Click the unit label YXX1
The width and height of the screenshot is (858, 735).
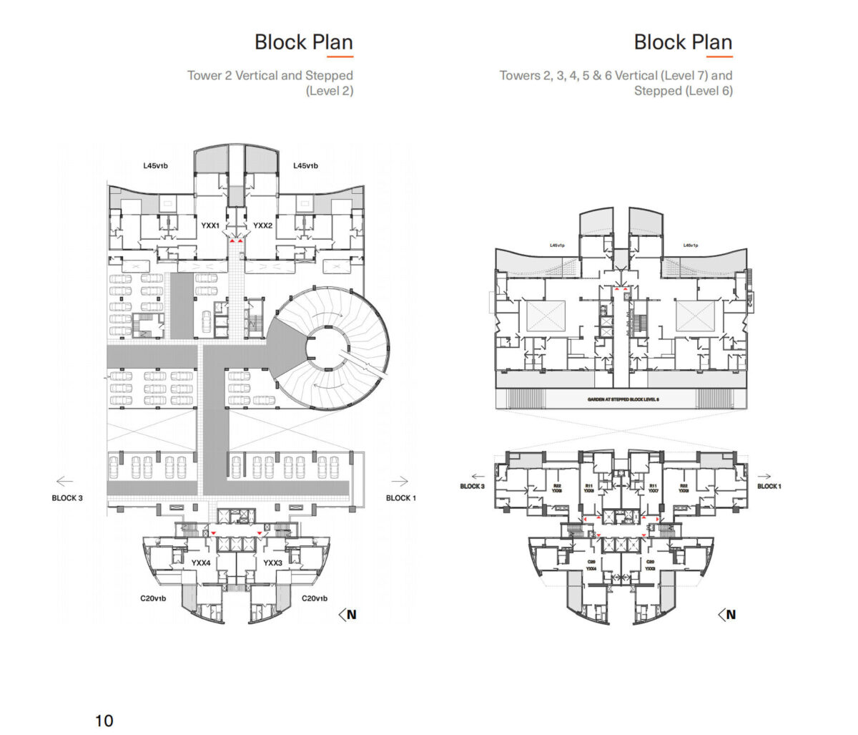(210, 225)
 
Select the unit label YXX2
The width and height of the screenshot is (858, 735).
(263, 225)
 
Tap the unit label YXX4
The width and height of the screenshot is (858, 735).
(201, 563)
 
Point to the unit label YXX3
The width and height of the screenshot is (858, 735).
(273, 563)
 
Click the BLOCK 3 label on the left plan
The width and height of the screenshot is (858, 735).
(67, 498)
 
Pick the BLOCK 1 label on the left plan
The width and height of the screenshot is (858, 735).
(401, 498)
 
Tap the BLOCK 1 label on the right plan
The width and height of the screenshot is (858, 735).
(769, 487)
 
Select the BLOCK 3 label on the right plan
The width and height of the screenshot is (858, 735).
(473, 487)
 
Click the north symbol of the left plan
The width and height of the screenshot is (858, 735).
(348, 614)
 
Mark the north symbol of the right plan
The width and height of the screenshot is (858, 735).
(727, 614)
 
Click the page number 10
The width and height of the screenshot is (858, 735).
(104, 720)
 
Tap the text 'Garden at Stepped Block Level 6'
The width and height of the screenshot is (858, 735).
(623, 399)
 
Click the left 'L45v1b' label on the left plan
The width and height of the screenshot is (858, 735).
(155, 166)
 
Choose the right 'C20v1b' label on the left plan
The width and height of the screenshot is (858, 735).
(314, 598)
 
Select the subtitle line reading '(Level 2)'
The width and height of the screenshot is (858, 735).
(329, 91)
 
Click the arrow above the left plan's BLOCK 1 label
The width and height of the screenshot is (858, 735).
(400, 482)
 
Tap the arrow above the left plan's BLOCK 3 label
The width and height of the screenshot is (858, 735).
(65, 482)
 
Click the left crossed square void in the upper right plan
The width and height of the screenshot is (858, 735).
(546, 316)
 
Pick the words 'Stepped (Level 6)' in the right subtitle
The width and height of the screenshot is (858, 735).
(683, 91)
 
